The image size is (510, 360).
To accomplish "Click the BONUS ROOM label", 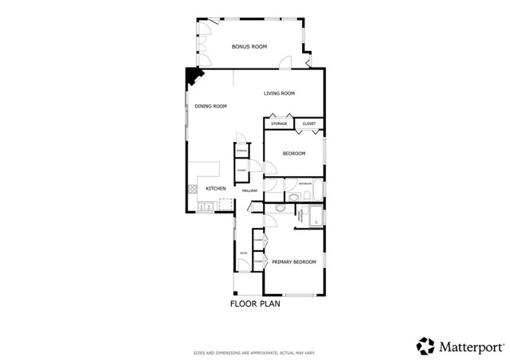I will click(x=249, y=47).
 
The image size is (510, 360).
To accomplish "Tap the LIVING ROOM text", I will click(x=280, y=94).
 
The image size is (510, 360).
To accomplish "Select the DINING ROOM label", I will click(x=211, y=107).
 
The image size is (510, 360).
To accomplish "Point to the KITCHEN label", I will click(x=216, y=189).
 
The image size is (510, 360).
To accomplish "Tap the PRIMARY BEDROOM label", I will click(x=294, y=262).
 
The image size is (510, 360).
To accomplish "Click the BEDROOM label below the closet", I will click(x=294, y=154).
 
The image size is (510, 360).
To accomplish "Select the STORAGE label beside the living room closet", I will click(x=279, y=123).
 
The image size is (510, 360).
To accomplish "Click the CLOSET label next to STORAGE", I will click(x=309, y=123).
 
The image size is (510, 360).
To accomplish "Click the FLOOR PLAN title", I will click(x=255, y=303).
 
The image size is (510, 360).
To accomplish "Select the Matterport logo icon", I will click(x=425, y=346).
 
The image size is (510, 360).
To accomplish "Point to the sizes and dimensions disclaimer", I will click(x=254, y=352).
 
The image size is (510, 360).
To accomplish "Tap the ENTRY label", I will click(x=242, y=255).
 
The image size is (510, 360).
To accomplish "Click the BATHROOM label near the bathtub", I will click(x=305, y=184).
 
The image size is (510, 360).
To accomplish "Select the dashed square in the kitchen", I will click(x=227, y=205).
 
